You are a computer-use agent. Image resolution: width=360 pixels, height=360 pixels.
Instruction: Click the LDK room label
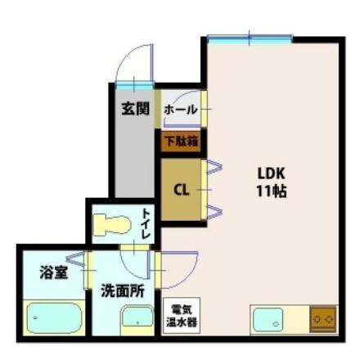(x=270, y=173)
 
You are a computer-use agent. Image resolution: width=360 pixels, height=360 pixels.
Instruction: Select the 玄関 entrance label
(x=134, y=108)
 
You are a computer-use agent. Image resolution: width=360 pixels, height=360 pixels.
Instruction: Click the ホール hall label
(x=180, y=108)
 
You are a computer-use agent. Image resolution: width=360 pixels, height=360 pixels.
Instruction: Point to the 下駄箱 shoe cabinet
(x=180, y=142)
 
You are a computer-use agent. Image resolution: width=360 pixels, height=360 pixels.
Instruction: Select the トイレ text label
(x=146, y=223)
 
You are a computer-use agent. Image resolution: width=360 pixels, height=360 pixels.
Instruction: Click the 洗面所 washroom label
(x=123, y=290)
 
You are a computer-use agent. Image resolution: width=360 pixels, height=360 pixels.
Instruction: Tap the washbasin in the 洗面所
(x=136, y=317)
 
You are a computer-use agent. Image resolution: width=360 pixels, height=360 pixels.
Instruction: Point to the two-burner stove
(x=322, y=317)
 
